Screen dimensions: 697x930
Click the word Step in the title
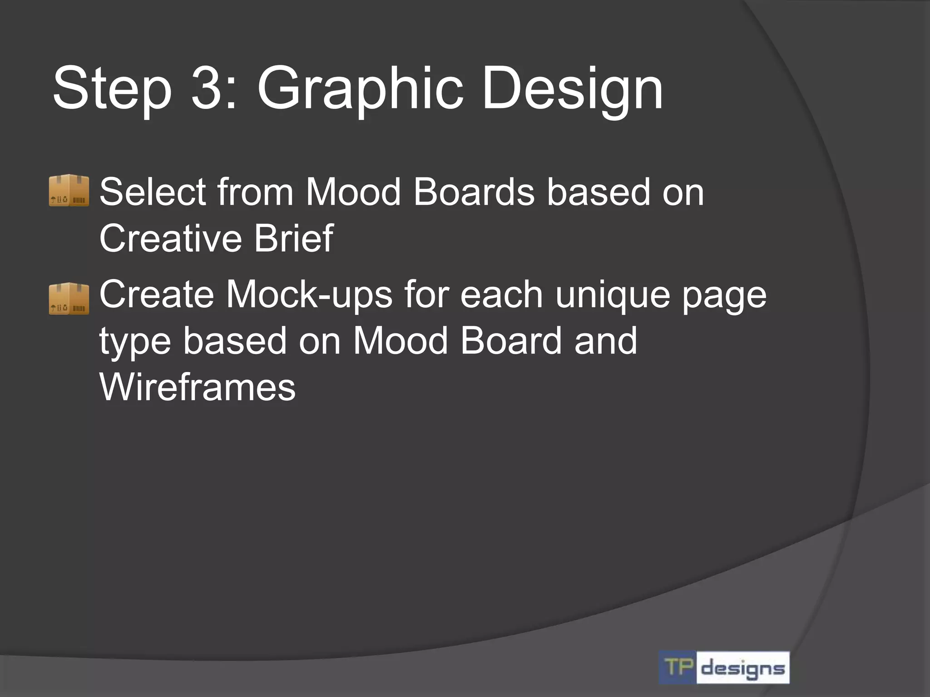point(112,88)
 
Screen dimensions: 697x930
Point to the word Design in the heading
point(572,88)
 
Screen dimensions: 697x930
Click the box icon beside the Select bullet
point(69,190)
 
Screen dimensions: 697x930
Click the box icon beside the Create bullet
point(69,298)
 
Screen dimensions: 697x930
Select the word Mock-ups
point(309,295)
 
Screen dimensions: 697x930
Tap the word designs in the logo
point(743,668)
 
